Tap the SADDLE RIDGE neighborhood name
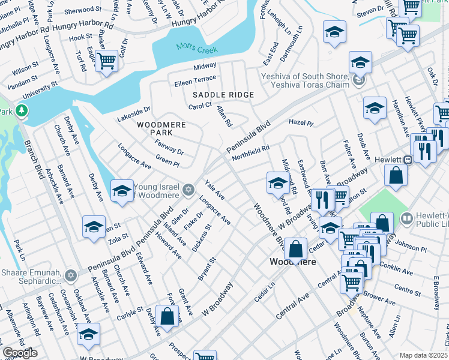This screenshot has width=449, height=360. (x=223, y=95)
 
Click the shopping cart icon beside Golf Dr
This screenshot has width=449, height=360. (x=106, y=60)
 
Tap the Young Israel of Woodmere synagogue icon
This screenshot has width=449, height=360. (x=188, y=190)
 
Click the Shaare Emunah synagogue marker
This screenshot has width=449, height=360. (x=70, y=275)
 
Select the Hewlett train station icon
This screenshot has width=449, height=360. (x=407, y=160)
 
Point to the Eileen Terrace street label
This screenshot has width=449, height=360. (x=195, y=79)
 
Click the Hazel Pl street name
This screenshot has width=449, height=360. (x=301, y=122)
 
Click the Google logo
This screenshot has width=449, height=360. (x=20, y=353)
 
